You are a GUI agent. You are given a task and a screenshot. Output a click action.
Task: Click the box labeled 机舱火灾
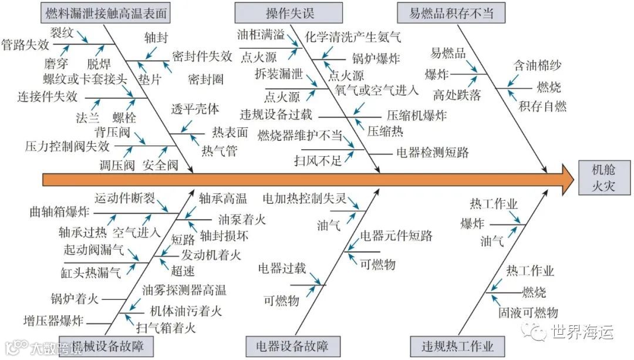pyautogui.click(x=604, y=177)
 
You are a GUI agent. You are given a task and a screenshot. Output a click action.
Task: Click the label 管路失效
pyautogui.click(x=25, y=44)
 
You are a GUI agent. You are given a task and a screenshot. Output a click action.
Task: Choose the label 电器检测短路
pyautogui.click(x=433, y=153)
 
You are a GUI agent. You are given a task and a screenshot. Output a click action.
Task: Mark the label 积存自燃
pyautogui.click(x=542, y=106)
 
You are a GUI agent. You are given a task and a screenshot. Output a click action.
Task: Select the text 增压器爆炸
pyautogui.click(x=53, y=321)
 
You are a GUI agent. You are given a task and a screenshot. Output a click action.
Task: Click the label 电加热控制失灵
pyautogui.click(x=303, y=198)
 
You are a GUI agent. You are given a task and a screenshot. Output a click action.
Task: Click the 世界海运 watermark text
pyautogui.click(x=582, y=331)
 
